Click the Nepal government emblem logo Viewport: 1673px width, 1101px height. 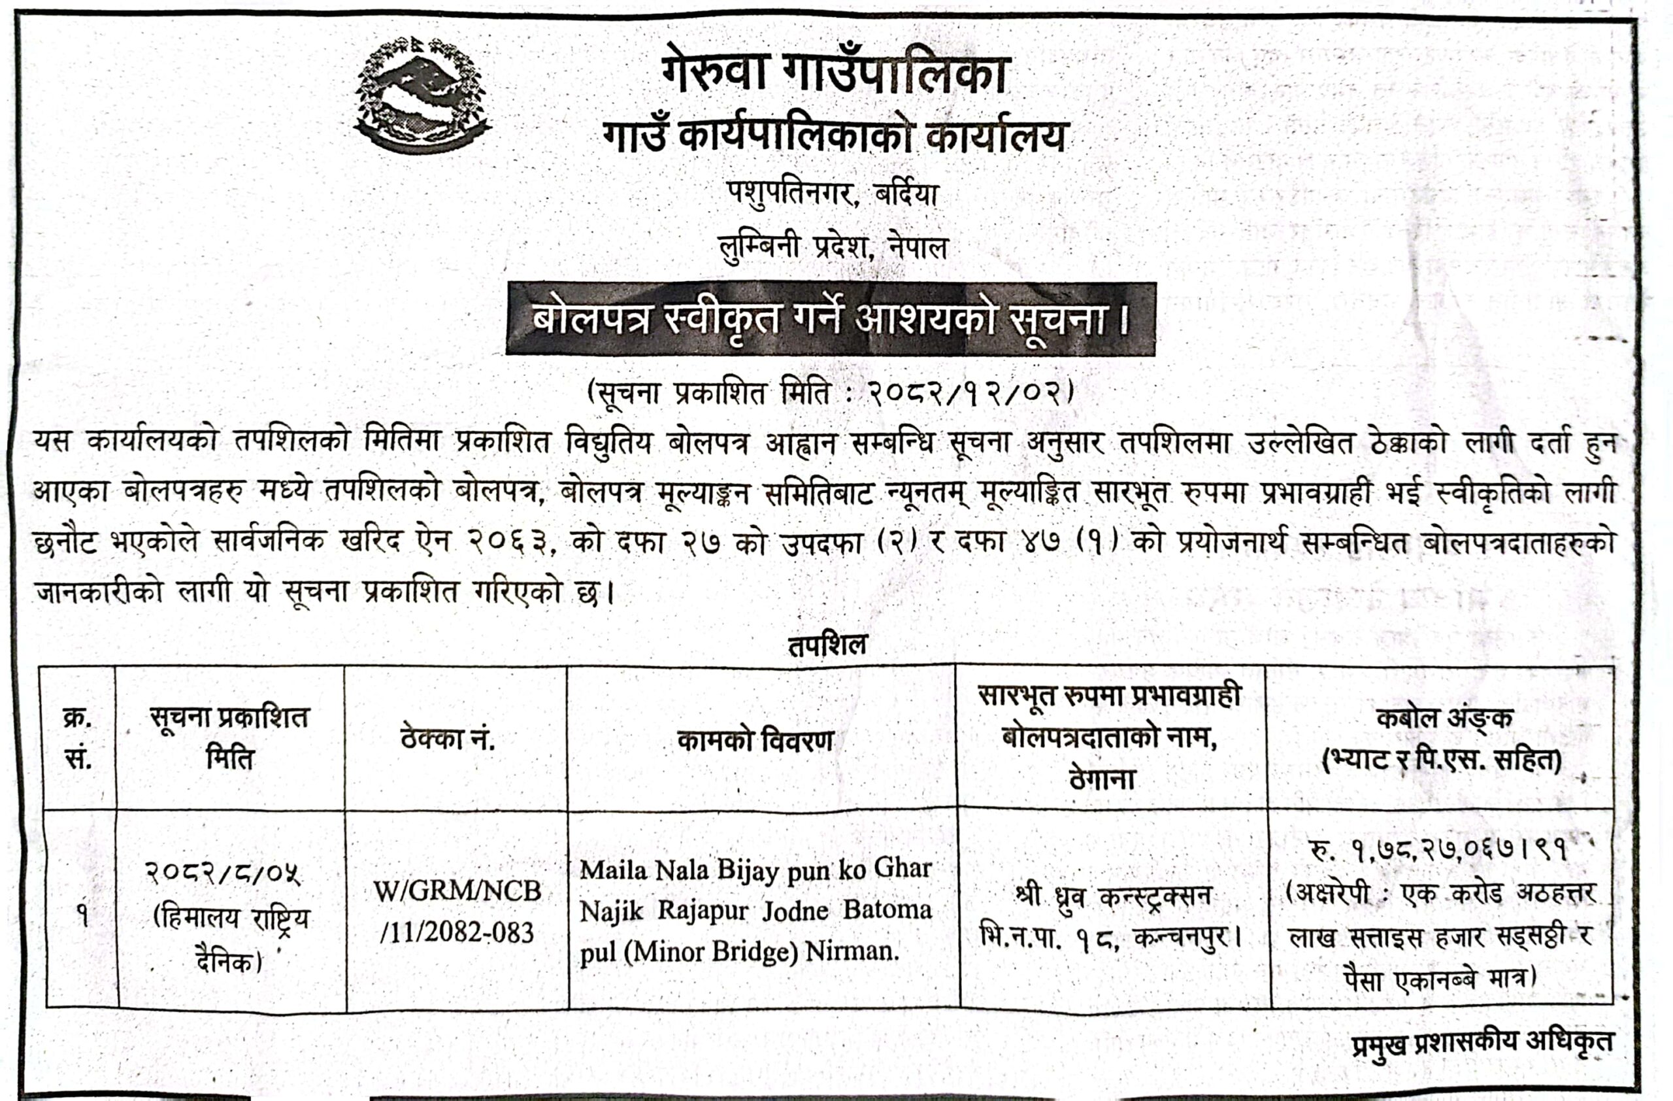(x=422, y=95)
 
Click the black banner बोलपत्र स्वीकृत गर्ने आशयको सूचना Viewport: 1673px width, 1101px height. (x=831, y=319)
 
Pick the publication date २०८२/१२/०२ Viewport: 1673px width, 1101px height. (x=969, y=392)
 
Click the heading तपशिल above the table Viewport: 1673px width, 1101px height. (x=827, y=645)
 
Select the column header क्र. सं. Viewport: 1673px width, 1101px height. (x=78, y=738)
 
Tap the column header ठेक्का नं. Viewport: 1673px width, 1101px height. (x=448, y=739)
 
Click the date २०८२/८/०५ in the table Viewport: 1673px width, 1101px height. (x=224, y=874)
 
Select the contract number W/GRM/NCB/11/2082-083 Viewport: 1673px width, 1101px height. (x=457, y=912)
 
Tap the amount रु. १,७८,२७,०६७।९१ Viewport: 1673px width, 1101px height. (x=1438, y=851)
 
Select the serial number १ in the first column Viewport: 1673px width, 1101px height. (x=83, y=915)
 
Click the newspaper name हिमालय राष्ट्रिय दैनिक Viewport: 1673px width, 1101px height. (x=231, y=940)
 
